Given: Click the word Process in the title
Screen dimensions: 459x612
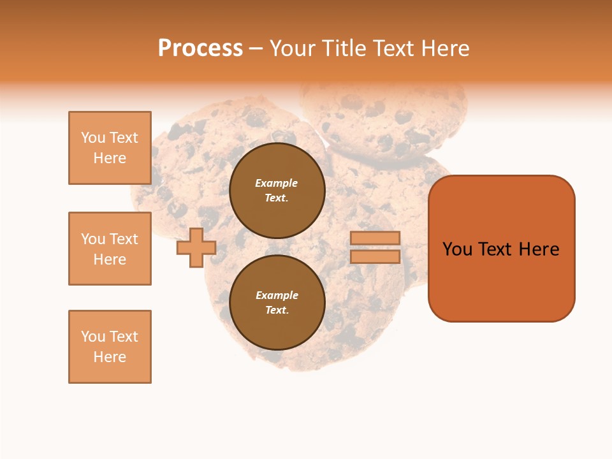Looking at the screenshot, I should pyautogui.click(x=200, y=48).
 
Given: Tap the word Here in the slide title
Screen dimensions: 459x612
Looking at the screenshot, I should pyautogui.click(x=442, y=48).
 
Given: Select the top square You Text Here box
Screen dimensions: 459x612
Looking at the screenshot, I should pyautogui.click(x=110, y=148).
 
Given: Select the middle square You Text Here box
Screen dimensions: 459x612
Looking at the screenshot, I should pyautogui.click(x=110, y=249).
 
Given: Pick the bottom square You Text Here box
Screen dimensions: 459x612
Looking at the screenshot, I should pyautogui.click(x=110, y=347).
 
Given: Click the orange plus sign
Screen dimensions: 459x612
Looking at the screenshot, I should pyautogui.click(x=196, y=248).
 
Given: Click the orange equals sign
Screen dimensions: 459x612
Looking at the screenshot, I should pyautogui.click(x=375, y=247).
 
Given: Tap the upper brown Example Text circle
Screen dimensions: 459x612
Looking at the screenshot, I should pyautogui.click(x=277, y=191).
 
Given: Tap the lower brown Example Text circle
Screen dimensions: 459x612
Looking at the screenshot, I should pyautogui.click(x=277, y=303).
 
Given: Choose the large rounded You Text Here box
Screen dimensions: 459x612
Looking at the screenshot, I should pyautogui.click(x=501, y=249).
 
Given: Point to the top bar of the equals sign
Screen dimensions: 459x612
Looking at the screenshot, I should pyautogui.click(x=375, y=238).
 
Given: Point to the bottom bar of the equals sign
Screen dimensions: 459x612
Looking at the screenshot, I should pyautogui.click(x=375, y=257).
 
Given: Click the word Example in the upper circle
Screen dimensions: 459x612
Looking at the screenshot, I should pyautogui.click(x=277, y=183).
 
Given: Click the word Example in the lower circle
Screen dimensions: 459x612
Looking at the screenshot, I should pyautogui.click(x=277, y=295).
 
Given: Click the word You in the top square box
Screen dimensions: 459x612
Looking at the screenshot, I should pyautogui.click(x=93, y=138).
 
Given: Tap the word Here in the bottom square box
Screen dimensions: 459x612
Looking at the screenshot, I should pyautogui.click(x=110, y=357).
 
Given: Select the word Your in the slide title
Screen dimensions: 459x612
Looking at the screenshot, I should pyautogui.click(x=293, y=48).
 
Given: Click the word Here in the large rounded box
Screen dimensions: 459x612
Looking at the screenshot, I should pyautogui.click(x=539, y=249).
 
